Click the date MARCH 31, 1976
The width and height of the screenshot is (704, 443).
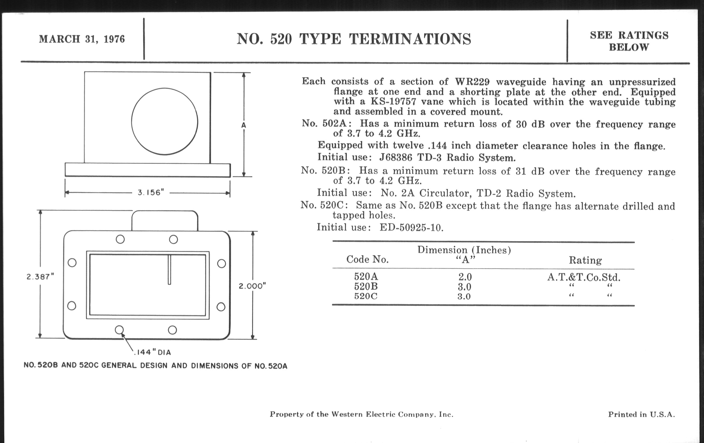tap(82, 39)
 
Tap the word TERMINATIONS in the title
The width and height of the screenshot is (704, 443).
tap(410, 39)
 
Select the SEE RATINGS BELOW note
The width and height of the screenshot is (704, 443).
tap(629, 41)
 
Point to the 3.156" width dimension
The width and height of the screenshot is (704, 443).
tap(151, 193)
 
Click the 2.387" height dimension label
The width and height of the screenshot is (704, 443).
tap(40, 277)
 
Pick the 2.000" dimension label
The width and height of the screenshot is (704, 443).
tap(252, 286)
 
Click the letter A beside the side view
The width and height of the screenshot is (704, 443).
tap(243, 125)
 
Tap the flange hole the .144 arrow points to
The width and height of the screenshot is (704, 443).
tap(119, 330)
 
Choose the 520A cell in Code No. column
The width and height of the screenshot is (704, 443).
tap(366, 276)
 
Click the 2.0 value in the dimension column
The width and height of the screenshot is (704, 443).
tap(465, 277)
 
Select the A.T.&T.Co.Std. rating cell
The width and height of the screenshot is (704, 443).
tap(584, 277)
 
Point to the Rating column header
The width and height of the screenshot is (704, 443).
tap(585, 260)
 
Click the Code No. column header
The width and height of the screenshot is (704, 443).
tap(368, 259)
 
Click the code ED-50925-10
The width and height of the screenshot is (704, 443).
tap(411, 228)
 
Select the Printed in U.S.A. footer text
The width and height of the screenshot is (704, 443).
tap(641, 414)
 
